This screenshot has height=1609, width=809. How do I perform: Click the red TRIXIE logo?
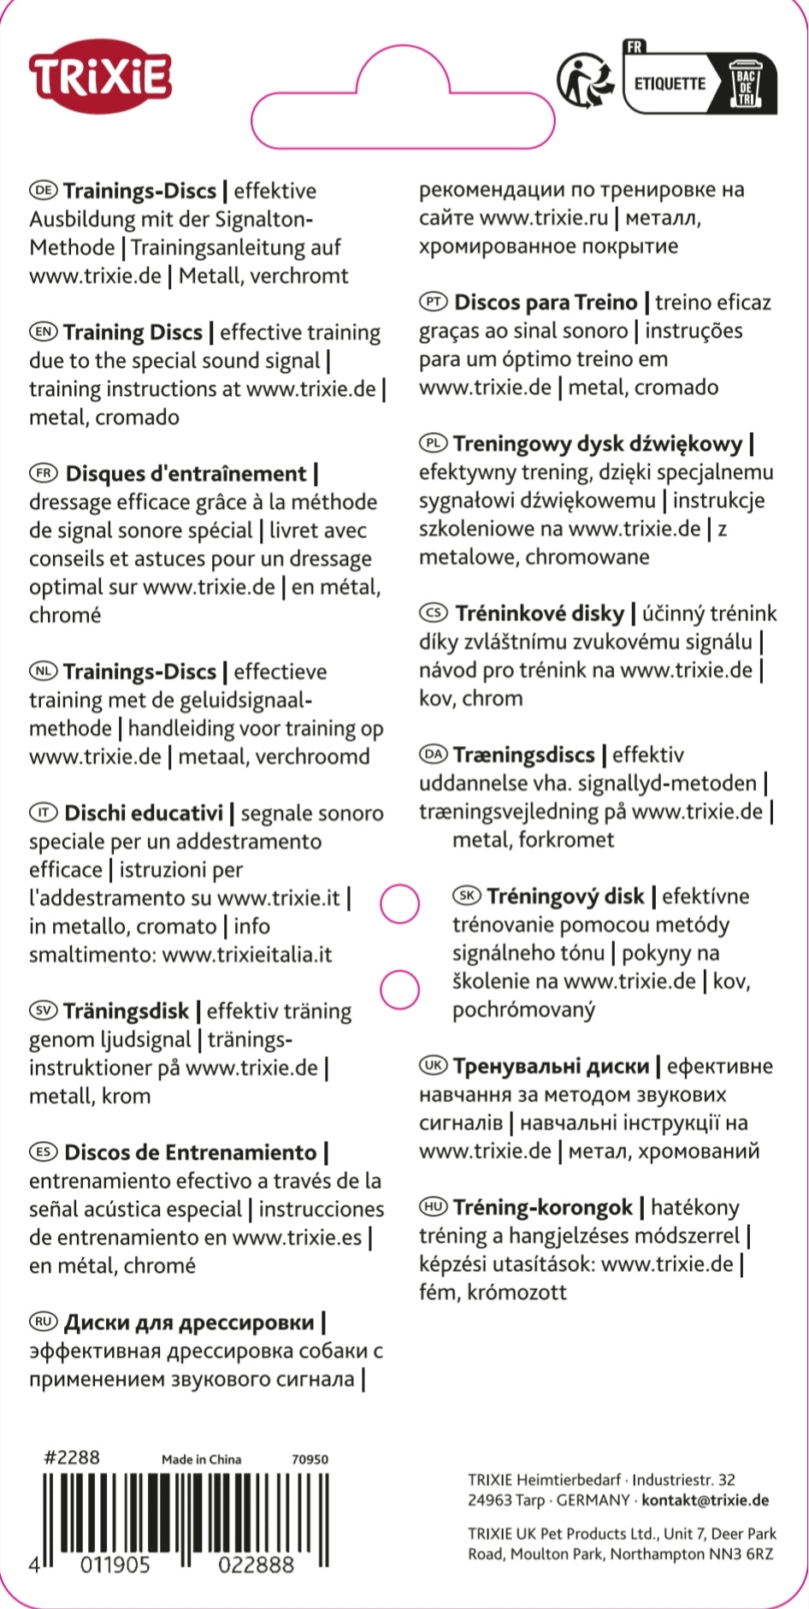100,78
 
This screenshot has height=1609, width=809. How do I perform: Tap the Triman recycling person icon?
586,81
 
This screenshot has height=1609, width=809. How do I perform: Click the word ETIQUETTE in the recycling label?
670,84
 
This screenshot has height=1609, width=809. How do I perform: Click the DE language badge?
43,190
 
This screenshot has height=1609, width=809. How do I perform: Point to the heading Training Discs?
133,332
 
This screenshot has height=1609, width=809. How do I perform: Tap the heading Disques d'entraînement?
185,473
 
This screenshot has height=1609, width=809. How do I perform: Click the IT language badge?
43,813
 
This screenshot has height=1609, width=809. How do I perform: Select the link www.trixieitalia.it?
247,954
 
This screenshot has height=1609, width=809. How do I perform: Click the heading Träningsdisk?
126,1010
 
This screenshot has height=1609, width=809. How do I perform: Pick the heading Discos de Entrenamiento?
190,1152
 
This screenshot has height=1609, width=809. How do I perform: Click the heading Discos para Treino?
546,302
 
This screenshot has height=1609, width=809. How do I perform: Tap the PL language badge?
433,443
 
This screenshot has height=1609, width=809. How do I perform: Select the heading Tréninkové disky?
540,613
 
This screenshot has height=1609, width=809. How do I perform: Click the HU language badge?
433,1207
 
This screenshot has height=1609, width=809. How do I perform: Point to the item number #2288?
72,1457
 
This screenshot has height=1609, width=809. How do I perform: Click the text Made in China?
201,1459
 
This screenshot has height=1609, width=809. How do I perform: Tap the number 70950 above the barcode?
310,1459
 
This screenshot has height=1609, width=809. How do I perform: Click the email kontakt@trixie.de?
705,1500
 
